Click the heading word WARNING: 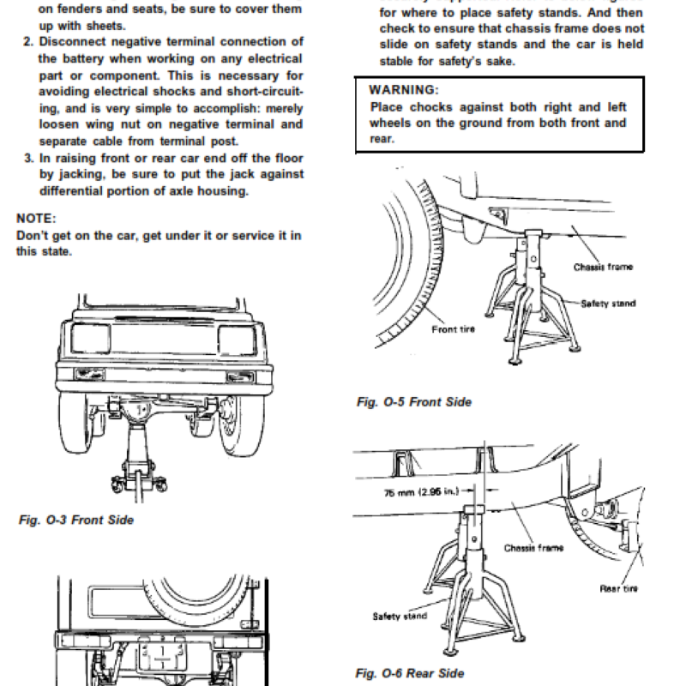[403, 90]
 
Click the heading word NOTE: [36, 219]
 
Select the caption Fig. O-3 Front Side [76, 520]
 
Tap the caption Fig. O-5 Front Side [413, 402]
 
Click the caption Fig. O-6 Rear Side [410, 673]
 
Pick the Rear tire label [617, 588]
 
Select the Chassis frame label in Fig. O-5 [603, 268]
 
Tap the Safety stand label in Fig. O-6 [399, 616]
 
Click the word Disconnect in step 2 [70, 42]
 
